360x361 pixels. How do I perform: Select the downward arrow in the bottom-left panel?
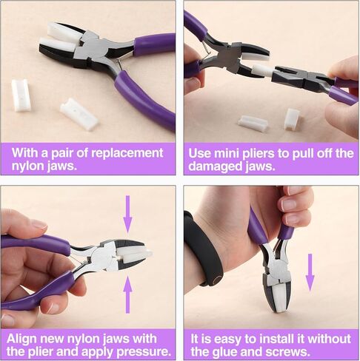pos(128,213)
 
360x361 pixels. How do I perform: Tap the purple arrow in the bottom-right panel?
pos(310,271)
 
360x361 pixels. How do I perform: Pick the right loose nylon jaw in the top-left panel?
pos(79,114)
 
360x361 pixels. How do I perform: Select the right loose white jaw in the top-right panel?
pos(292,118)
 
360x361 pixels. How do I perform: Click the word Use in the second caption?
pos(201,153)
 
